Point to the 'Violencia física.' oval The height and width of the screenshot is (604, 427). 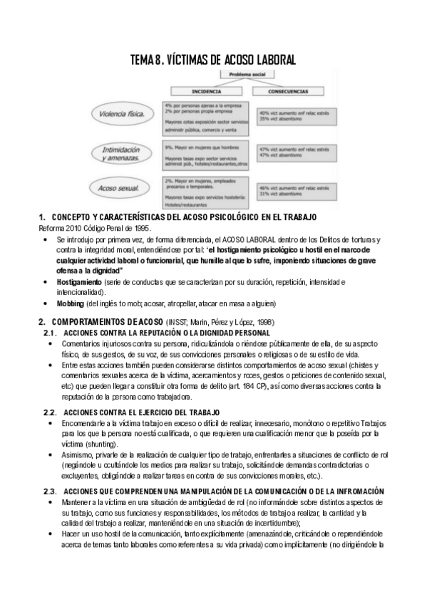tap(120, 113)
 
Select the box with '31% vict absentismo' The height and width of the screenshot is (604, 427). tap(285, 194)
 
